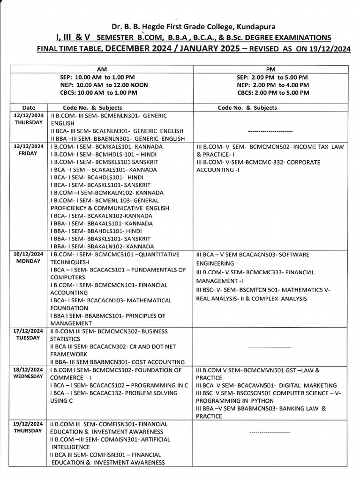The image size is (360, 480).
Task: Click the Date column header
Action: [x=28, y=107]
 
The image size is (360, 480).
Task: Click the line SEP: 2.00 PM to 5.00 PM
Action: [x=272, y=77]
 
